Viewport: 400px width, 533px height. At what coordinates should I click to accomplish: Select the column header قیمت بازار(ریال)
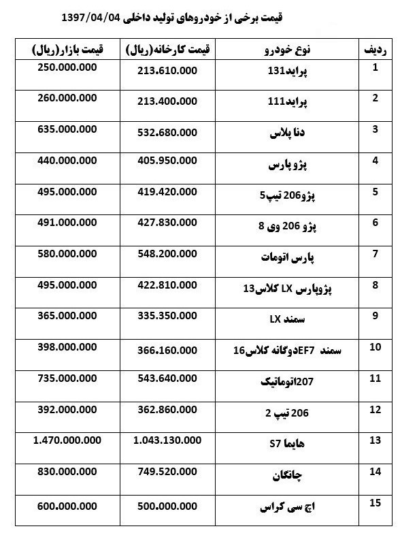[x=66, y=49]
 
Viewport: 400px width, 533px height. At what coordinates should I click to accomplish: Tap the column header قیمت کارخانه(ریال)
[x=168, y=49]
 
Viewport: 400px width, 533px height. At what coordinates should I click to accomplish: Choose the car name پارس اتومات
[x=285, y=257]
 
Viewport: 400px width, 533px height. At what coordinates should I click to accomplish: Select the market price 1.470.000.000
[x=66, y=441]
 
